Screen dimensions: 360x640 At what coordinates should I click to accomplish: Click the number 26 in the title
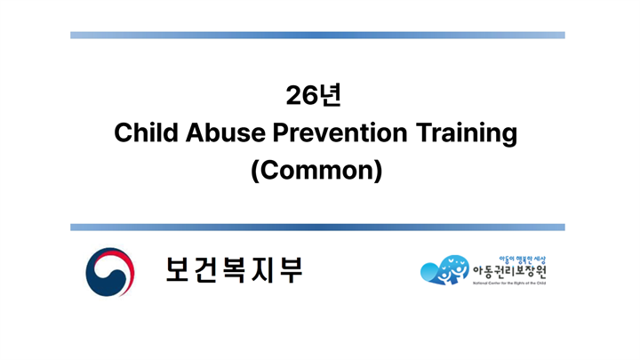pos(302,94)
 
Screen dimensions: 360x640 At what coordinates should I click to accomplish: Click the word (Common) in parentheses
pos(316,170)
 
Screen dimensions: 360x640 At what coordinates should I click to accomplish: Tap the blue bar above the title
pos(317,36)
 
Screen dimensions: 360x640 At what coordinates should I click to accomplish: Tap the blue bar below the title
pos(317,228)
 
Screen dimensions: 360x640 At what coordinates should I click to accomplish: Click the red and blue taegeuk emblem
pos(109,272)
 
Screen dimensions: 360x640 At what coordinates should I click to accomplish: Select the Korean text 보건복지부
pos(234,270)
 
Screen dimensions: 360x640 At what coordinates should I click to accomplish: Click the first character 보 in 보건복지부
pos(179,270)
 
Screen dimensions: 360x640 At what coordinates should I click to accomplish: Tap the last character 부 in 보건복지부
pos(289,270)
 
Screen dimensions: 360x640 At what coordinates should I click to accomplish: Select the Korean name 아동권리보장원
pos(508,271)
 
